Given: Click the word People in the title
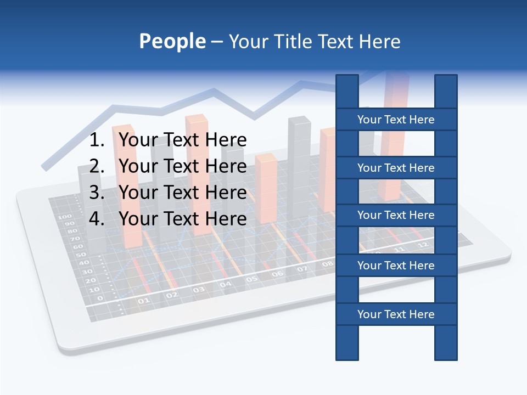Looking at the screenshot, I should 172,42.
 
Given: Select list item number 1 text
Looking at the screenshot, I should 182,140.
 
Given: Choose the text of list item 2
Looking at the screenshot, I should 182,166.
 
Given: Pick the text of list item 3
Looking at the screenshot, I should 182,193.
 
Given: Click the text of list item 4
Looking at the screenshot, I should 182,219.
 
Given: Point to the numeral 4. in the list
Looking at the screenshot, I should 97,219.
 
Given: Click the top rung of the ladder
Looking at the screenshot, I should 396,120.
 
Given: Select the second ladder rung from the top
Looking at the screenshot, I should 396,168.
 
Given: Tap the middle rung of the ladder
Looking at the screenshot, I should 396,215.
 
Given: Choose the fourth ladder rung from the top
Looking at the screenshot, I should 396,266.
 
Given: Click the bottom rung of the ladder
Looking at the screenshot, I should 396,314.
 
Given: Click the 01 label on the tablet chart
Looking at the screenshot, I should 143,301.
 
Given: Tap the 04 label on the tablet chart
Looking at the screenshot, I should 226,285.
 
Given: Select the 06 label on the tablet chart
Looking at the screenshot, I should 278,274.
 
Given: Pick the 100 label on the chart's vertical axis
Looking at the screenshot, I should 65,217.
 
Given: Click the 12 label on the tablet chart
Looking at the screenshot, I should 422,245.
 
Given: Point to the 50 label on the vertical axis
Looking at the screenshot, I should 81,255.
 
